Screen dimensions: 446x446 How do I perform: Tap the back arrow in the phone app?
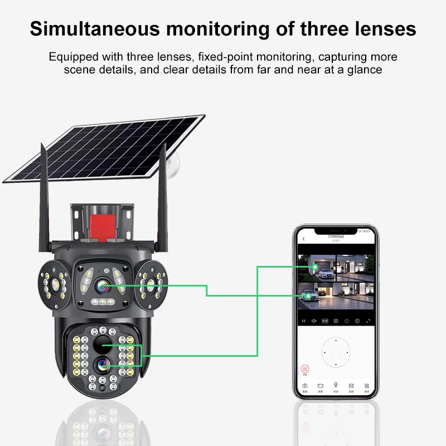click(304, 239)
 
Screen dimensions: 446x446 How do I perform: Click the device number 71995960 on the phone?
click(336, 237)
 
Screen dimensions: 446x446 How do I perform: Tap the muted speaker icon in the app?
click(314, 321)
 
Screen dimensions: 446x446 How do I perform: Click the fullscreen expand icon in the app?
click(367, 321)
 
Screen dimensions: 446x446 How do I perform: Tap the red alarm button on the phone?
click(304, 369)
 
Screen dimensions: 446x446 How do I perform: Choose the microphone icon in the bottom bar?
click(336, 385)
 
